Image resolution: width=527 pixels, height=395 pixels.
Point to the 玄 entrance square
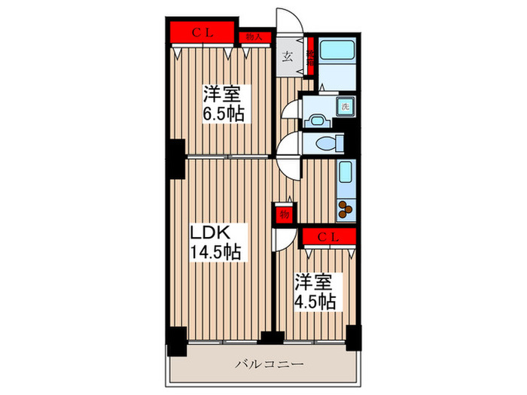(288, 56)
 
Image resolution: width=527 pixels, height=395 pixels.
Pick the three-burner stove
(346, 209)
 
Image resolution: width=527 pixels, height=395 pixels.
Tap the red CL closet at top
(201, 33)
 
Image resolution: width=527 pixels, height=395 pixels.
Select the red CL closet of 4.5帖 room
(328, 238)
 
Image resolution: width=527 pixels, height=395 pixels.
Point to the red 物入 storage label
(254, 36)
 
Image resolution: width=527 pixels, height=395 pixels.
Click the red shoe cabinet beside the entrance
(310, 56)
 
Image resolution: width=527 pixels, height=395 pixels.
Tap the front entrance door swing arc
(288, 21)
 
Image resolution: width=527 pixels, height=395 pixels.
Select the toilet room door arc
(289, 144)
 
